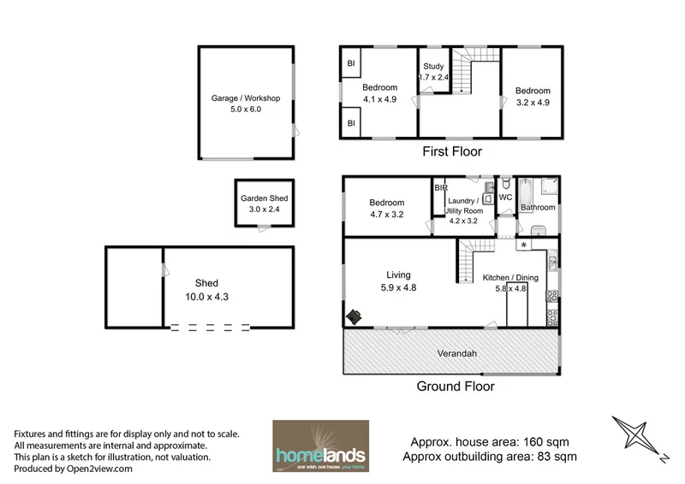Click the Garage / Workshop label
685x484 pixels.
click(x=246, y=98)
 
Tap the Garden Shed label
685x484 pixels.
click(x=264, y=198)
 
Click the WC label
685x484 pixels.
click(x=504, y=198)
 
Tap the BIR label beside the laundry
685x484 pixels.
click(x=441, y=187)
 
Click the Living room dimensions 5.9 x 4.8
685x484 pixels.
click(x=398, y=287)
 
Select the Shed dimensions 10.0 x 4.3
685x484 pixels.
click(x=206, y=296)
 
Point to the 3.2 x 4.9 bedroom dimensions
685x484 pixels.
click(x=533, y=103)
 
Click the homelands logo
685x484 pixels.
click(x=320, y=444)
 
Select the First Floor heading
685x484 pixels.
click(x=453, y=152)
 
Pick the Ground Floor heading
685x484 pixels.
click(x=455, y=387)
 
